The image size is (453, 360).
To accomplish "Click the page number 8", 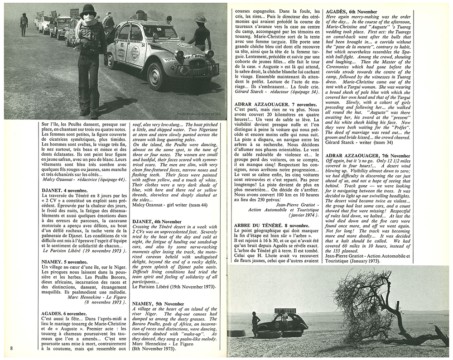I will (x=11, y=347).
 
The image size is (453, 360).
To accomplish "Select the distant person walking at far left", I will (x=24, y=24).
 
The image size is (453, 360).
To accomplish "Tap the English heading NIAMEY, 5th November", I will (x=158, y=303).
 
